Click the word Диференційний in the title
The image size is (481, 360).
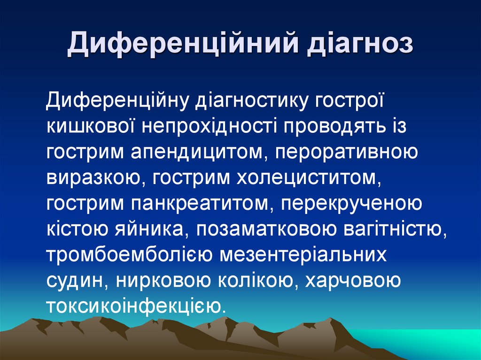click(183, 46)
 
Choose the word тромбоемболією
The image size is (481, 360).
click(128, 255)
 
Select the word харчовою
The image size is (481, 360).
click(353, 281)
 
